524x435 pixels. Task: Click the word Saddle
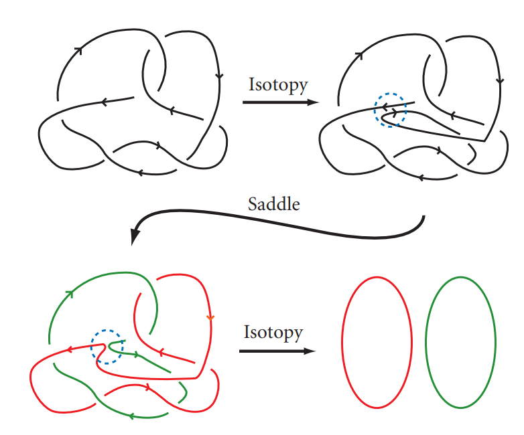pos(274,204)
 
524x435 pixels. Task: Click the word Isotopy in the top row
pos(278,85)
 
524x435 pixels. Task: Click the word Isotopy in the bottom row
pos(273,332)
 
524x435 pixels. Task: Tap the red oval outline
pos(343,341)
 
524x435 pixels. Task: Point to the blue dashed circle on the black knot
pos(390,110)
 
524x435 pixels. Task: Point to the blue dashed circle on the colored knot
pos(107,347)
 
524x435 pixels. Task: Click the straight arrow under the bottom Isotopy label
pos(275,351)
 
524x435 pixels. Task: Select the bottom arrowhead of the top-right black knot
pos(420,178)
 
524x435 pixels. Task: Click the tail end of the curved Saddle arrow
pos(424,218)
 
